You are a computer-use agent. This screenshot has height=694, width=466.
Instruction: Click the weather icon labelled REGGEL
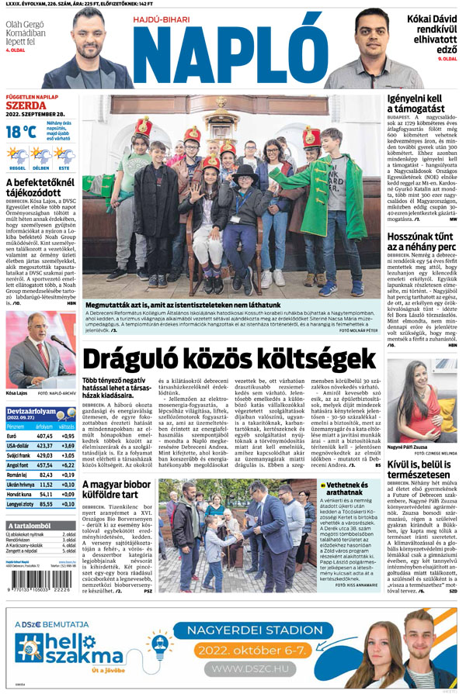(x=17, y=156)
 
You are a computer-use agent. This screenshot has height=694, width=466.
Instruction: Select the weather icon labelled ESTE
(x=64, y=156)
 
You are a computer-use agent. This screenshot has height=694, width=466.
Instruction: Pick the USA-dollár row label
(x=19, y=446)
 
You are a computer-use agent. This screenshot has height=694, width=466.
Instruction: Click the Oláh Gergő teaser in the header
(x=24, y=34)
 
